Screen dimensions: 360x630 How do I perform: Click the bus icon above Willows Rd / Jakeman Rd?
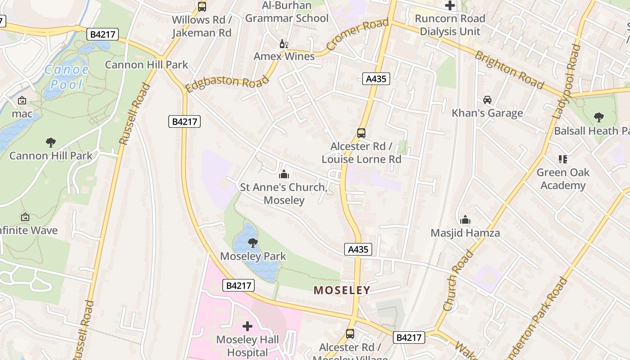[x=202, y=7]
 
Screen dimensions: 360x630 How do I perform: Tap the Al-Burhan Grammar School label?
[x=287, y=12]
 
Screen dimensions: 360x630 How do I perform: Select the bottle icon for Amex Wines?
[x=284, y=44]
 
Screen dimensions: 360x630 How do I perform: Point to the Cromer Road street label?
[x=357, y=35]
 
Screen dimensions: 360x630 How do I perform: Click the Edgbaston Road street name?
[x=227, y=82]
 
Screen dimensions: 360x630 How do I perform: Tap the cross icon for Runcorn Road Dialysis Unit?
[x=450, y=6]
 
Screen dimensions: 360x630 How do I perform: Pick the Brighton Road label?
[x=509, y=70]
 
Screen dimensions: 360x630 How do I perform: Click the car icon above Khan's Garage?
[x=487, y=99]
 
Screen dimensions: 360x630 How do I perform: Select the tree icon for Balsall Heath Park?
[x=598, y=117]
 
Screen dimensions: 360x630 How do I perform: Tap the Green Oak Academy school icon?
[x=562, y=159]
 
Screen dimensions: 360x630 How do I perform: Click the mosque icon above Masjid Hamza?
[x=465, y=220]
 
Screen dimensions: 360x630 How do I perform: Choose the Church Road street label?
[x=458, y=281]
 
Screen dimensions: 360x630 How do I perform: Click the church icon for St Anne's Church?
[x=284, y=174]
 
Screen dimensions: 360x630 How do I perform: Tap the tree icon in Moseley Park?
[x=253, y=243]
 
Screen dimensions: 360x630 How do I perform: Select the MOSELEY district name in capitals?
[x=342, y=290]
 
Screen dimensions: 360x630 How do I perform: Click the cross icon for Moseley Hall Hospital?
[x=247, y=326]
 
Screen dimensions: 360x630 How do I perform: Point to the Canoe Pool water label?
[x=67, y=77]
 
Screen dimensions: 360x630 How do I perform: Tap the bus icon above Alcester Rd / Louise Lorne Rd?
[x=361, y=133]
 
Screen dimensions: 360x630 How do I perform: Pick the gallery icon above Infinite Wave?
[x=25, y=217]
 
